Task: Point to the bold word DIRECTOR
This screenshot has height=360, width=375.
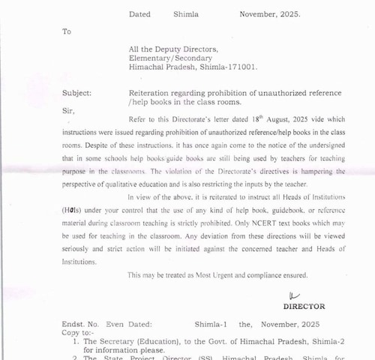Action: pyautogui.click(x=304, y=306)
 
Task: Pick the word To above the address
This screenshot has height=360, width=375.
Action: pyautogui.click(x=67, y=32)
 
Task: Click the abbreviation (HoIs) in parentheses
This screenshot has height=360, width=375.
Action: pyautogui.click(x=73, y=210)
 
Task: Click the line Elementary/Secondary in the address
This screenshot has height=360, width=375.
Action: pyautogui.click(x=170, y=57)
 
